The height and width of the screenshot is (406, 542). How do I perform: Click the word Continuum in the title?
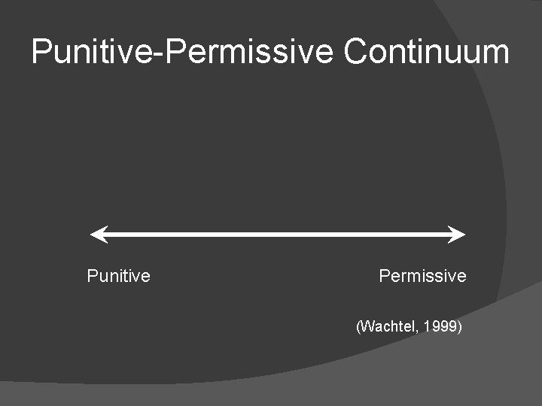pyautogui.click(x=427, y=52)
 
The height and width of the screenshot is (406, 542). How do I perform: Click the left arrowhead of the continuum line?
pyautogui.click(x=96, y=235)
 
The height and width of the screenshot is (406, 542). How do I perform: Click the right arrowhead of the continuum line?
pyautogui.click(x=458, y=235)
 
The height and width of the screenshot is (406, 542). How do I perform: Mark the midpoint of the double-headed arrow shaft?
pyautogui.click(x=278, y=235)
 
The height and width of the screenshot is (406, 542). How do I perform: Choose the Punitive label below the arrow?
pyautogui.click(x=118, y=276)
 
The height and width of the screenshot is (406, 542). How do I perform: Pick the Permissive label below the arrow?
pyautogui.click(x=422, y=276)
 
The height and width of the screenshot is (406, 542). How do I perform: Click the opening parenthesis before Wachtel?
pyautogui.click(x=358, y=327)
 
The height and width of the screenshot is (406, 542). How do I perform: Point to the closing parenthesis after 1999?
pyautogui.click(x=459, y=327)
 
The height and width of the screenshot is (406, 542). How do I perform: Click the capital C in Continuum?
pyautogui.click(x=355, y=52)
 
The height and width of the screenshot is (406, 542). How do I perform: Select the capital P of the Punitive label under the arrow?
pyautogui.click(x=92, y=276)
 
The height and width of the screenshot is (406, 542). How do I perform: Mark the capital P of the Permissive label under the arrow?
pyautogui.click(x=384, y=276)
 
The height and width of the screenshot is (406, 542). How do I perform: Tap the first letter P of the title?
pyautogui.click(x=41, y=52)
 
